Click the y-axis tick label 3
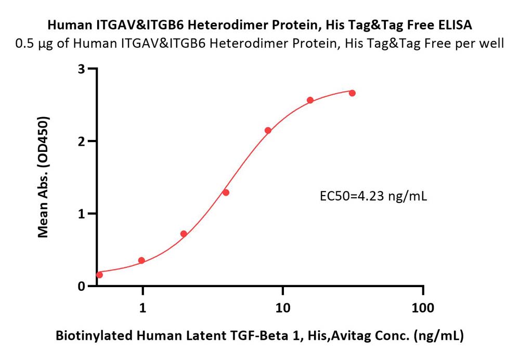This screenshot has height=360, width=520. pyautogui.click(x=82, y=69)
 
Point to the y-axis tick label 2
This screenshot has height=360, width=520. pyautogui.click(x=82, y=142)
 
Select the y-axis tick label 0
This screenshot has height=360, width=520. pyautogui.click(x=82, y=286)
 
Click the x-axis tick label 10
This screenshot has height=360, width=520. pyautogui.click(x=282, y=308)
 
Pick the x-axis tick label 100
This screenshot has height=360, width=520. pyautogui.click(x=423, y=308)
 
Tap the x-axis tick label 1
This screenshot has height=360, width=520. pyautogui.click(x=142, y=308)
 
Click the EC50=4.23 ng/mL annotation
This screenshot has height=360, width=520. pyautogui.click(x=373, y=197)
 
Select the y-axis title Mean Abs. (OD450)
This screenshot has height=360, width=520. pyautogui.click(x=43, y=177)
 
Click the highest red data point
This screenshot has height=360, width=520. pyautogui.click(x=352, y=93)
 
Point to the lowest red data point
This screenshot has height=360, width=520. pyautogui.click(x=99, y=275)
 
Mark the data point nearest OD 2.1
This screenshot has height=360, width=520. pyautogui.click(x=268, y=131)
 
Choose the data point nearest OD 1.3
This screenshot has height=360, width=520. pyautogui.click(x=226, y=192)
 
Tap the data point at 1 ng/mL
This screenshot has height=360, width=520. pyautogui.click(x=141, y=261)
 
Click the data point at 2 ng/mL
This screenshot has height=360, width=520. pyautogui.click(x=184, y=234)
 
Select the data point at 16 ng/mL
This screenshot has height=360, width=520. pyautogui.click(x=310, y=100)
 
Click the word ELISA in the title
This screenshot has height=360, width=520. pyautogui.click(x=456, y=25)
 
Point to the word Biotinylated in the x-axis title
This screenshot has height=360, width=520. pyautogui.click(x=94, y=336)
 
